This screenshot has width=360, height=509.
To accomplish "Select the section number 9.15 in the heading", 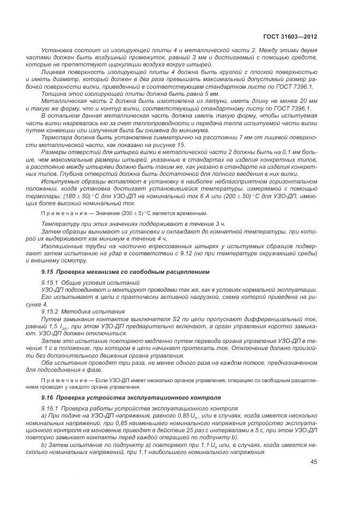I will (x=48, y=272).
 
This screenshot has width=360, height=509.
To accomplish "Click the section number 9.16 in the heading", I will (x=48, y=397).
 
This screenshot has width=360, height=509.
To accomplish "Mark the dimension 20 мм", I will (x=307, y=101).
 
